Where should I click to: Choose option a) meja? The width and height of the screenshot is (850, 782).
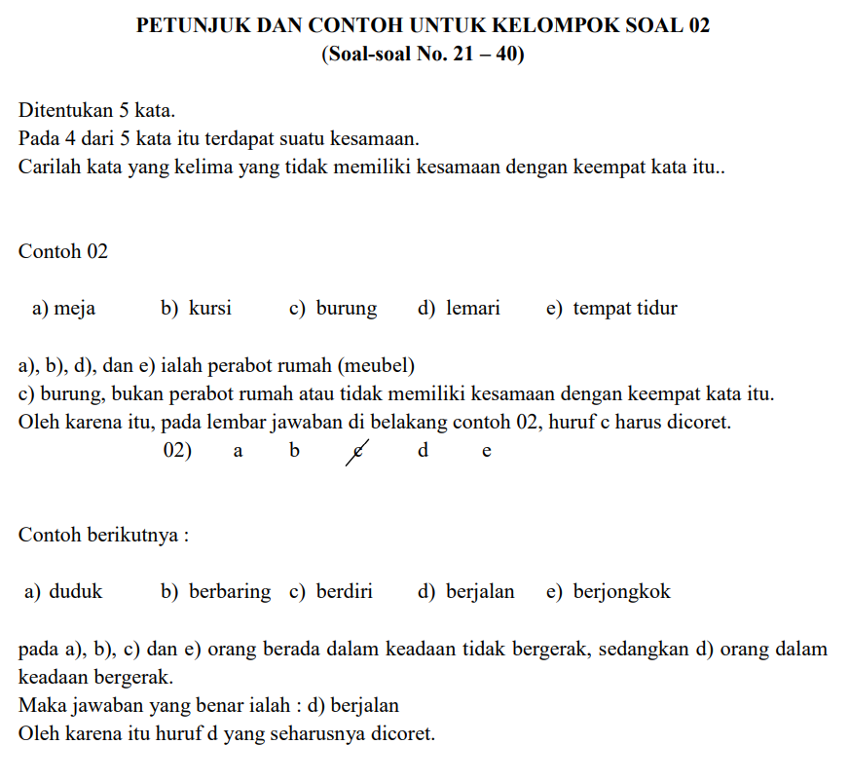(x=64, y=309)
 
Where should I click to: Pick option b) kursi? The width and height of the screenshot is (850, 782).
(x=196, y=309)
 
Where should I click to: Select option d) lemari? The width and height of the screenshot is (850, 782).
(x=459, y=309)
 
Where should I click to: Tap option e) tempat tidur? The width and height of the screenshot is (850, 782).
(x=611, y=309)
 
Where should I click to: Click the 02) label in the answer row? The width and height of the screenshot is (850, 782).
(x=177, y=451)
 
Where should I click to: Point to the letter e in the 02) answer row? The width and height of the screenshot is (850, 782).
(x=487, y=452)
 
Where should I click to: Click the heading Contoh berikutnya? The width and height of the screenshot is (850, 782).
(x=103, y=536)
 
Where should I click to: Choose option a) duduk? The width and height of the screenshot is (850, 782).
(x=62, y=591)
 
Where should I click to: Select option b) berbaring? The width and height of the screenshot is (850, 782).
(x=216, y=591)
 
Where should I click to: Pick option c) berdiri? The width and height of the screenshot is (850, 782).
(x=331, y=591)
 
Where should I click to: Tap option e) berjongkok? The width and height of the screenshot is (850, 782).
(x=609, y=591)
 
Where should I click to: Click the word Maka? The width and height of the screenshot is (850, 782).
(x=41, y=705)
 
